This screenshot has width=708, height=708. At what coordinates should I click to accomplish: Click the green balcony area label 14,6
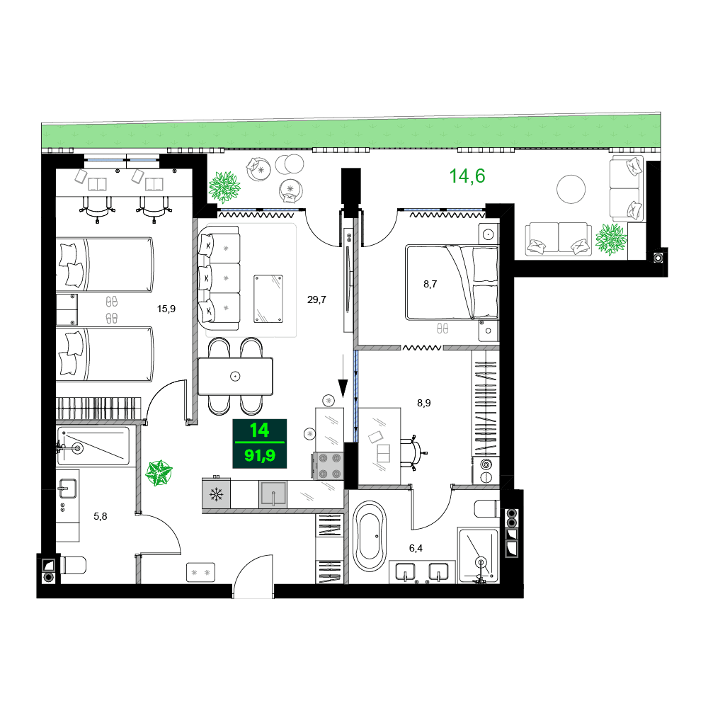pos(467,176)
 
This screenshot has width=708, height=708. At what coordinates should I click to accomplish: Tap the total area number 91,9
pos(260,455)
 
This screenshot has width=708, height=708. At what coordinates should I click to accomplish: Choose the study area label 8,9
pos(423,403)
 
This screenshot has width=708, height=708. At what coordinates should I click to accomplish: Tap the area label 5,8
pos(101,516)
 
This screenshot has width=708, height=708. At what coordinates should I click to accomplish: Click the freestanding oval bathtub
pos(370,536)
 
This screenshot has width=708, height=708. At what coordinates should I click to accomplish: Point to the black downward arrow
pos(343,387)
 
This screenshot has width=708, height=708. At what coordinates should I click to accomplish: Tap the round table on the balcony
pos(571,189)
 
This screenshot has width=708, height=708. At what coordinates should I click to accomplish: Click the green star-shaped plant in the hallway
pos(160,473)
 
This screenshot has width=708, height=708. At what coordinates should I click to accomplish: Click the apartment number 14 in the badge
pos(259,430)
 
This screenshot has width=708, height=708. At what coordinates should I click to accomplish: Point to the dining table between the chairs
pos(235,376)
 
